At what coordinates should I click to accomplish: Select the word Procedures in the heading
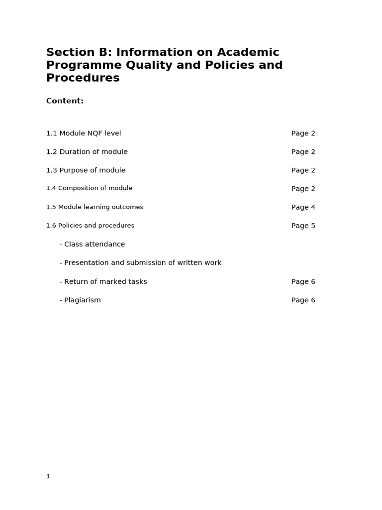click(83, 78)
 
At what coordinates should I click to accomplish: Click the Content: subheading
click(65, 101)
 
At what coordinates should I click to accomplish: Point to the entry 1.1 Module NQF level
click(84, 133)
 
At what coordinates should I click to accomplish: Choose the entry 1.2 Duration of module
click(87, 152)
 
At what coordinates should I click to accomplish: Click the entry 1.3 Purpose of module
click(86, 170)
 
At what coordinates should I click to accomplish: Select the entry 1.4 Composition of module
click(89, 188)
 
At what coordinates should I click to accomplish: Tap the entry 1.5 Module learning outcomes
click(95, 207)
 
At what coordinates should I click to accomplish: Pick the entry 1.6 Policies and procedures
click(90, 226)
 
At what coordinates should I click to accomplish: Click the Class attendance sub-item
click(92, 245)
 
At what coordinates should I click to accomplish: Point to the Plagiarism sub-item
click(80, 300)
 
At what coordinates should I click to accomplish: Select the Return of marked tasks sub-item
click(103, 282)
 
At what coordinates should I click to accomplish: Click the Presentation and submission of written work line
click(140, 263)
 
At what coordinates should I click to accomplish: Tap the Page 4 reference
click(303, 207)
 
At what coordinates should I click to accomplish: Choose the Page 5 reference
click(303, 226)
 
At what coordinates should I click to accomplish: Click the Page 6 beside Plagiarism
click(303, 300)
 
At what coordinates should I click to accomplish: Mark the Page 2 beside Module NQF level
click(303, 133)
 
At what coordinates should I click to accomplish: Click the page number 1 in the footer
click(48, 477)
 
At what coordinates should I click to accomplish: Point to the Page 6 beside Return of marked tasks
click(303, 282)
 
